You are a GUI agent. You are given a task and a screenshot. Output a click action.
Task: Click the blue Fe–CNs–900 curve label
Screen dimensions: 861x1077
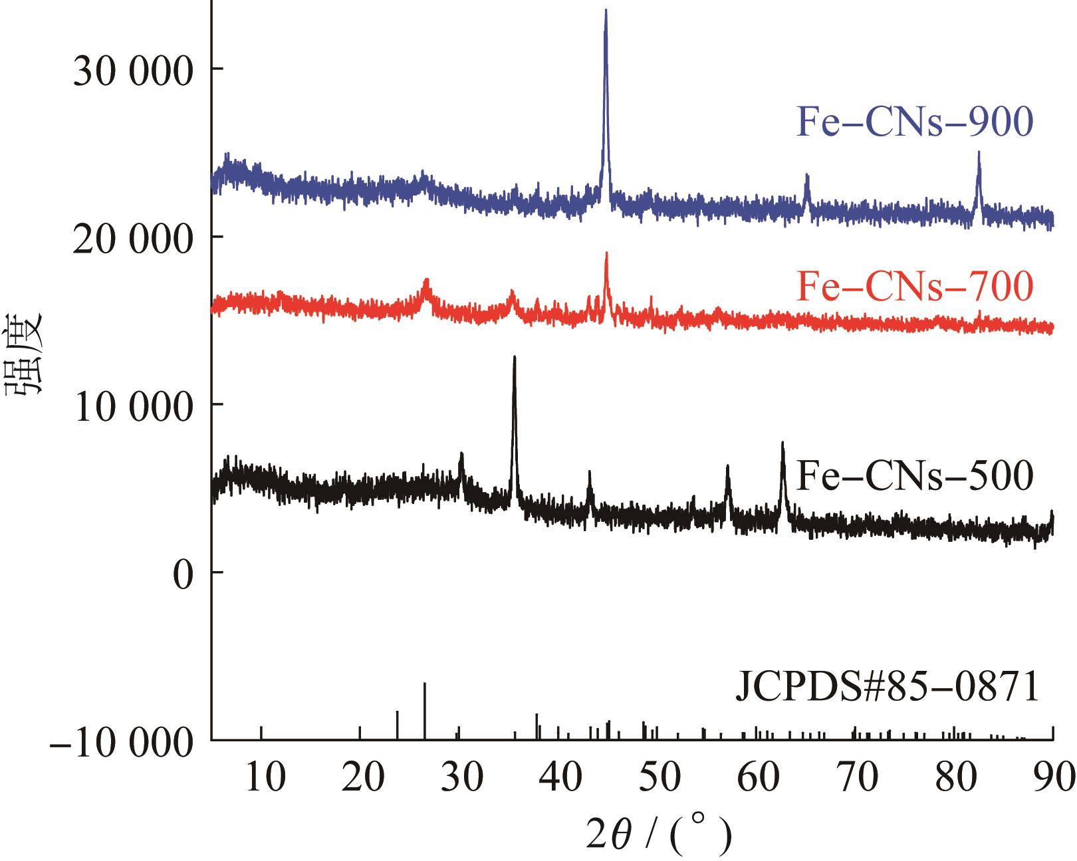(915, 122)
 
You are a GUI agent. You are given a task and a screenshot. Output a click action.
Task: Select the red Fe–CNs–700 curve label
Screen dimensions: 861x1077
(915, 287)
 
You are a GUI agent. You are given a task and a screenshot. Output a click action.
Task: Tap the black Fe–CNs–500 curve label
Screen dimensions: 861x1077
(915, 474)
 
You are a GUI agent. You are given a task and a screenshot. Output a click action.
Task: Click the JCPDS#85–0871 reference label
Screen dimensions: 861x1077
(887, 687)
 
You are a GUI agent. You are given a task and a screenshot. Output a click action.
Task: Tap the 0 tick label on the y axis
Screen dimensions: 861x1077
(183, 572)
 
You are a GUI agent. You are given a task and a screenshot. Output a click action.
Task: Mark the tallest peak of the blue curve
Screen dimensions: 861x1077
(606, 11)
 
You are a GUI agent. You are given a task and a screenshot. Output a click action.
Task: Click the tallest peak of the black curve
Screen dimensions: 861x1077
(514, 358)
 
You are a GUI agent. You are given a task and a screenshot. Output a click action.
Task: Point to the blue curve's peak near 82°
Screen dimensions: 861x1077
(979, 153)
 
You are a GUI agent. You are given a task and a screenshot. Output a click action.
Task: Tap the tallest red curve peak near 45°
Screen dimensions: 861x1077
(606, 254)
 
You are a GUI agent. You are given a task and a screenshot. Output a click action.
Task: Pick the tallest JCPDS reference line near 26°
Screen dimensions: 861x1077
(424, 684)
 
